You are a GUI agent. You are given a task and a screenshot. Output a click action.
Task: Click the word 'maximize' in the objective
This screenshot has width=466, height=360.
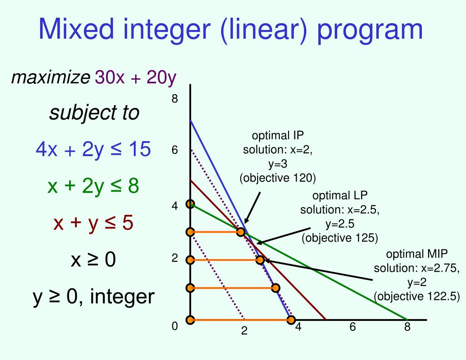(x=51, y=78)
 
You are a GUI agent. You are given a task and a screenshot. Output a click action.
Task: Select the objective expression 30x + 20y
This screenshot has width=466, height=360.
(x=135, y=78)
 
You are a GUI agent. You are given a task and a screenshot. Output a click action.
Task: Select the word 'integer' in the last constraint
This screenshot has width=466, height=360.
(x=122, y=297)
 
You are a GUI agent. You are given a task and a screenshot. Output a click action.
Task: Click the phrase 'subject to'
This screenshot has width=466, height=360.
(x=94, y=112)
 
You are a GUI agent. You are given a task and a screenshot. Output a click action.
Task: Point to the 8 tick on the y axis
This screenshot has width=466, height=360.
(x=174, y=99)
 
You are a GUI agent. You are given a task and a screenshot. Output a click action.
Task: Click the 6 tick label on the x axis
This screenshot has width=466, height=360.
(x=352, y=327)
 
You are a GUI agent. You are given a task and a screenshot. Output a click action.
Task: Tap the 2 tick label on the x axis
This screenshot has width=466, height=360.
(x=244, y=331)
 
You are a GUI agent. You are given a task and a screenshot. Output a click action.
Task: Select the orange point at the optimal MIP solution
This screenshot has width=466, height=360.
(x=260, y=260)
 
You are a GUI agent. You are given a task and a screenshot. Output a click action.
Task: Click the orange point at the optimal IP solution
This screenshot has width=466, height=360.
(x=241, y=232)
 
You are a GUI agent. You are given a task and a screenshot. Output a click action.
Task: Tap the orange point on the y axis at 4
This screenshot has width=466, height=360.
(x=190, y=204)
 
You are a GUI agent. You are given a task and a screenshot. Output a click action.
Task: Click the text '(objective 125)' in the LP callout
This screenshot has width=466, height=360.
(x=339, y=238)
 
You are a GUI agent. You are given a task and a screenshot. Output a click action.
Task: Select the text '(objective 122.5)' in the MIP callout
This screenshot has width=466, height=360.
(x=417, y=296)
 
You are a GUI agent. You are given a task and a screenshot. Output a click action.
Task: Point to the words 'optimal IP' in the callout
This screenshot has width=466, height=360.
(x=278, y=135)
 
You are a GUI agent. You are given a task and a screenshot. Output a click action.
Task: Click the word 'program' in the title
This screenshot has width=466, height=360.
(x=370, y=29)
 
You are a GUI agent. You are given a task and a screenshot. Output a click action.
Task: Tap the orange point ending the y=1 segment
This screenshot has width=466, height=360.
(x=275, y=288)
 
